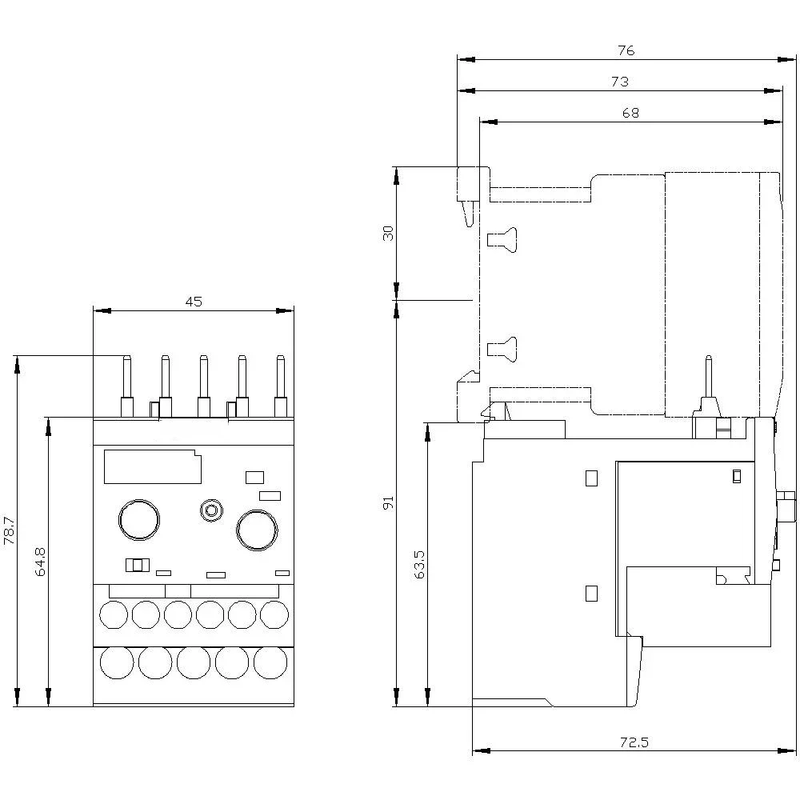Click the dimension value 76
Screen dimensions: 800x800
(626, 50)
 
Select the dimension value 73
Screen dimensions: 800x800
(620, 82)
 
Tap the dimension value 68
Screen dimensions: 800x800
(630, 113)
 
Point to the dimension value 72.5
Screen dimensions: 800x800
(633, 742)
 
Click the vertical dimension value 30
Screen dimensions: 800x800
(388, 233)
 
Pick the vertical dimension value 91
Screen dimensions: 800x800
(388, 503)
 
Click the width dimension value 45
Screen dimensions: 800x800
(194, 302)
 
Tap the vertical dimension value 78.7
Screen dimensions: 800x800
(10, 530)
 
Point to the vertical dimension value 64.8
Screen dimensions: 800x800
(41, 562)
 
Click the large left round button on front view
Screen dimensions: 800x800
(139, 519)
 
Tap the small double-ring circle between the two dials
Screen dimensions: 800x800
(211, 510)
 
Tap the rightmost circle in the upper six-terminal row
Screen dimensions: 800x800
(274, 614)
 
